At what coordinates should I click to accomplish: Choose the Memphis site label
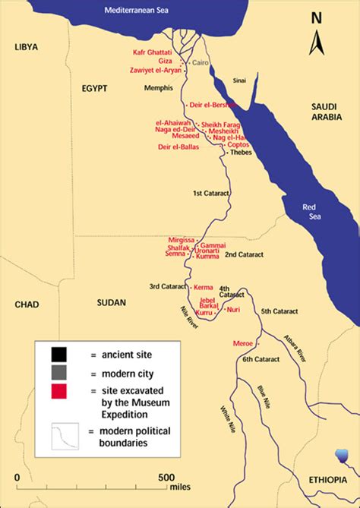(159, 89)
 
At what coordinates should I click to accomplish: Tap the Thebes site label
(242, 152)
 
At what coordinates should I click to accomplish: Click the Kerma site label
(204, 288)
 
